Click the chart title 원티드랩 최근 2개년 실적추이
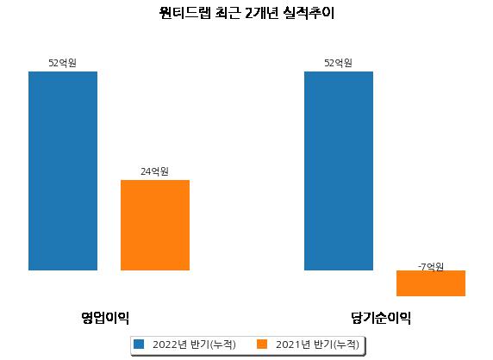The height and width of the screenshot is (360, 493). coord(246,13)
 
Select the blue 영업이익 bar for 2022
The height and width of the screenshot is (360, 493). coord(63,171)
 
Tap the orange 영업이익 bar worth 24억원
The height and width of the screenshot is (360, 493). coord(155,225)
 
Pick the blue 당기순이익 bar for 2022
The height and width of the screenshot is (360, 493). coord(339,171)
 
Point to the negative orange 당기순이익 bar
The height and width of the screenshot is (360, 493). coord(431,283)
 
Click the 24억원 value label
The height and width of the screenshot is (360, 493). coord(154,171)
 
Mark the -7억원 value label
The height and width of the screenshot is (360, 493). coord(431,267)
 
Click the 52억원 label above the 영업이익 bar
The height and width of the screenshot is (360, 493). coord(63,63)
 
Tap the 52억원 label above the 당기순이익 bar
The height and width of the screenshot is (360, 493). coord(339,63)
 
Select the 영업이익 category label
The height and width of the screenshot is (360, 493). coord(105,318)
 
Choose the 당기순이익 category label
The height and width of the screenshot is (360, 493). coord(381,318)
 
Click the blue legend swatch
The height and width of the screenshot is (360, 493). coord(139,344)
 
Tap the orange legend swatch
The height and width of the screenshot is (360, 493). coord(262,344)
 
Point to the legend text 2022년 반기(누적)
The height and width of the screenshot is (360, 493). coord(194,344)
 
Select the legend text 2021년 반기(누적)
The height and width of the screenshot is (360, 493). coord(317,344)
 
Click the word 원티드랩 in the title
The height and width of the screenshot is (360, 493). coord(184,13)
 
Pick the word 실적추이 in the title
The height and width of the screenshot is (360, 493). coord(309,13)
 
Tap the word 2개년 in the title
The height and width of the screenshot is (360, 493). coord(261,13)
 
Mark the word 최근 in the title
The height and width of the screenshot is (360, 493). coord(228,13)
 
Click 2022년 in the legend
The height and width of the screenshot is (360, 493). coord(170,344)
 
